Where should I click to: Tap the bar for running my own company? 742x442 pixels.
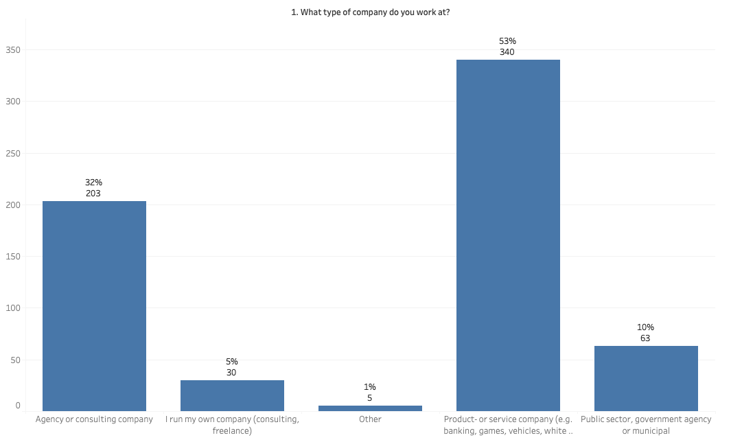(232, 395)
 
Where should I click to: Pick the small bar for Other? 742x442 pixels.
(370, 408)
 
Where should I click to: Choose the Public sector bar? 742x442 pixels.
(646, 378)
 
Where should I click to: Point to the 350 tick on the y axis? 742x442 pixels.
(13, 50)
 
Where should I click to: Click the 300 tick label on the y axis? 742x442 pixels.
(13, 102)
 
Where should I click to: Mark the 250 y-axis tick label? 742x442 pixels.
(13, 154)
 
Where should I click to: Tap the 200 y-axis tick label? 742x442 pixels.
(13, 205)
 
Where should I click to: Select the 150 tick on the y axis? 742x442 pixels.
(13, 257)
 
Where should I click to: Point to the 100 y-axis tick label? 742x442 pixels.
(13, 308)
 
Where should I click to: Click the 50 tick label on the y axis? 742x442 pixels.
(15, 360)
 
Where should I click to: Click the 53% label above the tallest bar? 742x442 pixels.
(508, 41)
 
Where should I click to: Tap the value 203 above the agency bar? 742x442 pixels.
(94, 194)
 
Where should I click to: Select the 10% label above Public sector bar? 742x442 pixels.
(645, 327)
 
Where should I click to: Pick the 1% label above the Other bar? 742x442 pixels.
(370, 387)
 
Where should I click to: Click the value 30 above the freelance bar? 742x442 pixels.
(232, 373)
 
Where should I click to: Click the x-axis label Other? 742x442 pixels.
(370, 419)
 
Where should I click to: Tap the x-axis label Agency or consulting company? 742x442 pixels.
(94, 419)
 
